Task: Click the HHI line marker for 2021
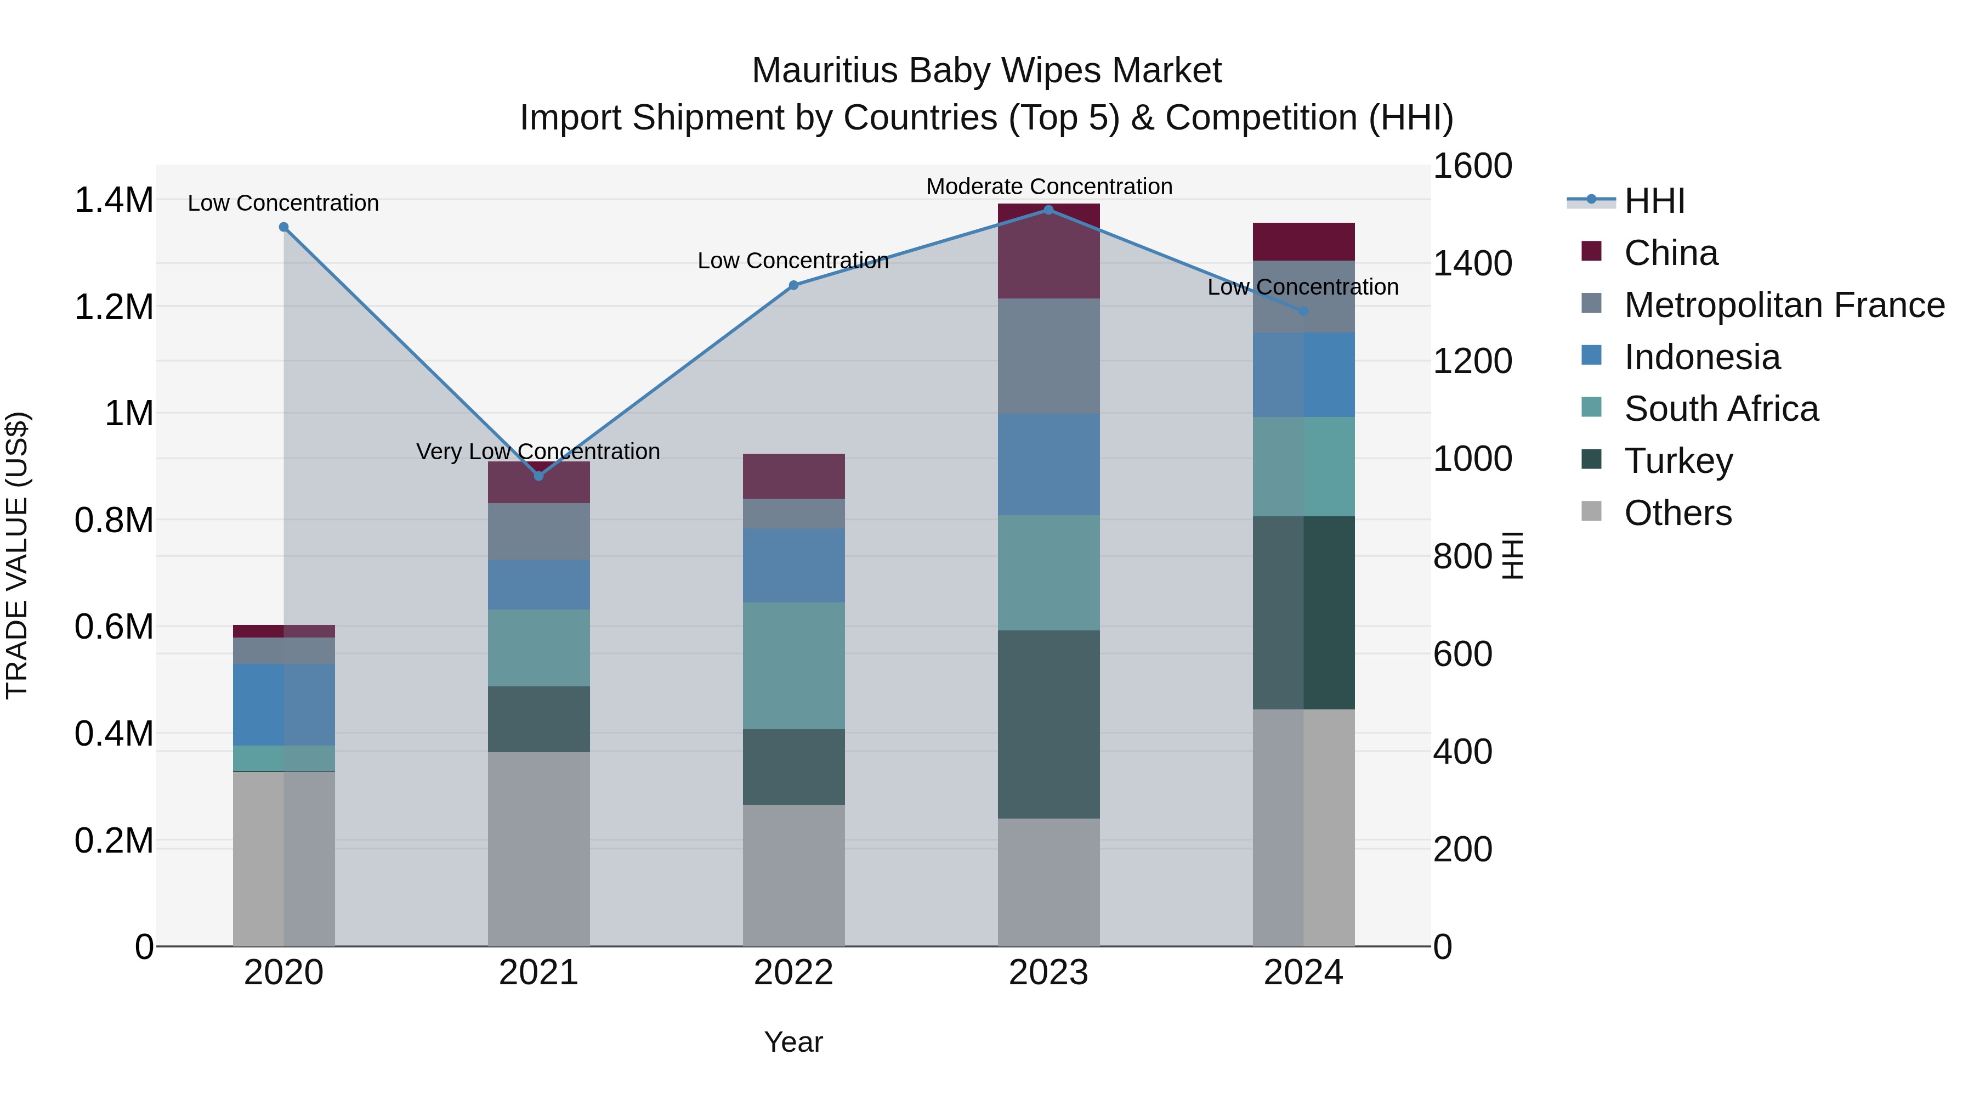click(x=538, y=476)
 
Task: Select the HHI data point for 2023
click(x=1048, y=210)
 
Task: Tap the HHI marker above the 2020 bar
click(x=283, y=227)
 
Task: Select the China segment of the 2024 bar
click(x=1303, y=241)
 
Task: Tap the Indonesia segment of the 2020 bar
click(x=283, y=704)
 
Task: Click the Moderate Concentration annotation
click(x=1048, y=187)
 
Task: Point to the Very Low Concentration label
click(x=538, y=452)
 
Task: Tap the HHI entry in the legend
click(x=1654, y=201)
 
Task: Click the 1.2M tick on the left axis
click(x=114, y=307)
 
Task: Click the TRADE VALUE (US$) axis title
click(x=17, y=555)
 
